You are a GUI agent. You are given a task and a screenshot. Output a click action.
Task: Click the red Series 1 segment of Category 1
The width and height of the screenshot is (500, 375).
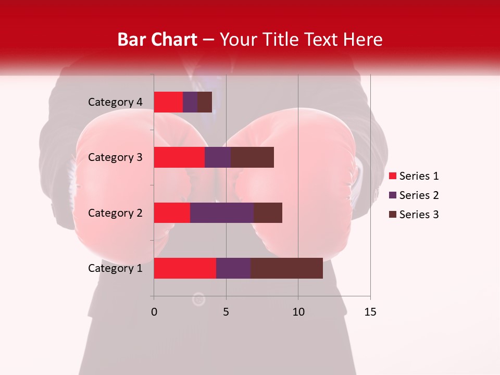[x=185, y=268]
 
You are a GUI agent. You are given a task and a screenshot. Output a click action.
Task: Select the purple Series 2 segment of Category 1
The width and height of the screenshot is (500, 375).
[x=233, y=268]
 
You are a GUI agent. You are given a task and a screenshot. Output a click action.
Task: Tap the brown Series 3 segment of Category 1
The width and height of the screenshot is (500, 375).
[x=286, y=268]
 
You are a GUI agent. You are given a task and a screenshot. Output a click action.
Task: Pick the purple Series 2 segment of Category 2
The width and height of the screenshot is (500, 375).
[x=222, y=213]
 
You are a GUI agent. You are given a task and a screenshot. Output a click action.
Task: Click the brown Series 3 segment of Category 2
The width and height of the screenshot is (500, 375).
[x=268, y=213]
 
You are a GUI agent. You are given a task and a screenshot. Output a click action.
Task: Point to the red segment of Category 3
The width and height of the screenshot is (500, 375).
[x=179, y=157]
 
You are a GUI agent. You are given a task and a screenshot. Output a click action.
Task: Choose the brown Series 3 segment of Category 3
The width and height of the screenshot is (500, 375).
[x=252, y=157]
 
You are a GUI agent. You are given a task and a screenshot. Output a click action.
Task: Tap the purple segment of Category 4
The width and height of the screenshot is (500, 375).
[x=190, y=102]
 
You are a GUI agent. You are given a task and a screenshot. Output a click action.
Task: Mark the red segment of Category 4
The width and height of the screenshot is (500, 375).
[x=168, y=102]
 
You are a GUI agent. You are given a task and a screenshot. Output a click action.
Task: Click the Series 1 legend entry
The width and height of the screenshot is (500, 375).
[x=414, y=176]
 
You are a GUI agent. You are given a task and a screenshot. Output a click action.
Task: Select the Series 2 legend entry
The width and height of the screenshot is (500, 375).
[x=414, y=195]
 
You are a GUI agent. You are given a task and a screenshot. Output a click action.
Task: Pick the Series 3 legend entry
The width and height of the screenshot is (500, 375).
[x=414, y=215]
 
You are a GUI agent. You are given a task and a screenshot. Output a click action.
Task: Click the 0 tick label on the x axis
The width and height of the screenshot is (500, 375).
[x=154, y=312]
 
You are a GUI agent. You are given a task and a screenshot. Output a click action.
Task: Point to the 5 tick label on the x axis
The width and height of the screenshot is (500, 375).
[x=226, y=312]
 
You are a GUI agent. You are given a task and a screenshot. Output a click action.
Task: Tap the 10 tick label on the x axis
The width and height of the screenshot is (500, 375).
[x=298, y=312]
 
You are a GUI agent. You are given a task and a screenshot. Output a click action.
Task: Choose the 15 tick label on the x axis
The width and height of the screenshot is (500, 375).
[x=370, y=312]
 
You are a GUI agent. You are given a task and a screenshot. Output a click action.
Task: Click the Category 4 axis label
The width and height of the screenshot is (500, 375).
[x=115, y=102]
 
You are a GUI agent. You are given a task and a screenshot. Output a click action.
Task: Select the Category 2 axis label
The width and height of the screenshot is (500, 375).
[x=115, y=213]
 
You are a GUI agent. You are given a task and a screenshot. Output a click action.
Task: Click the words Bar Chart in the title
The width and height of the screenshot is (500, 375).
[x=157, y=40]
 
